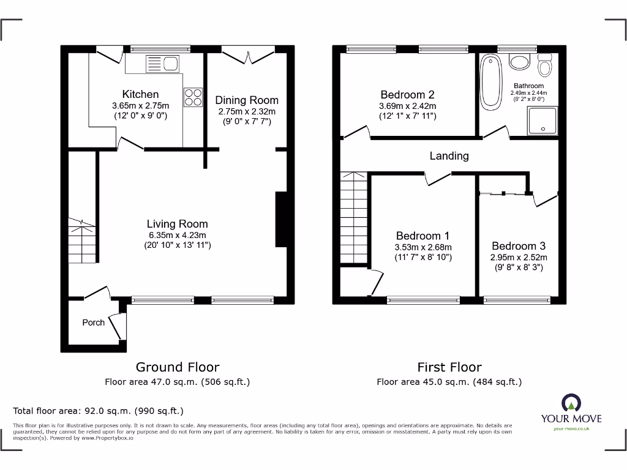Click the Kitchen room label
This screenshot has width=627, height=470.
pos(140,94)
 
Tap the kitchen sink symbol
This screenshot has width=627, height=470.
pos(162,63)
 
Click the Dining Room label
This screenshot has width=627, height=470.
pos(247,100)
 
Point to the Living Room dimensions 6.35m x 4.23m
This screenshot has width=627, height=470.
pos(177,235)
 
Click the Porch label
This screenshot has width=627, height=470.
pos(93,323)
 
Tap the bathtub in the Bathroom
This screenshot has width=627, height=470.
pos(490,82)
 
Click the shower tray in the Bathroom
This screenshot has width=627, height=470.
pos(542,120)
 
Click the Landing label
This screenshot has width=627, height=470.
pos(449,156)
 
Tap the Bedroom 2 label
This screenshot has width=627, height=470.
pos(407,95)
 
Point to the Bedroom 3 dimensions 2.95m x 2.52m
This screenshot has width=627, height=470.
pos(519,258)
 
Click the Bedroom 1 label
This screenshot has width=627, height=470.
pos(422,236)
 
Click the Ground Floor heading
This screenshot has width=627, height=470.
pos(177,367)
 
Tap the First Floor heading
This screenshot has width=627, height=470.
pos(449,367)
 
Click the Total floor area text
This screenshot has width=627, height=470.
pos(98,411)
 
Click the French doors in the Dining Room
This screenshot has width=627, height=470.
pos(247,56)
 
